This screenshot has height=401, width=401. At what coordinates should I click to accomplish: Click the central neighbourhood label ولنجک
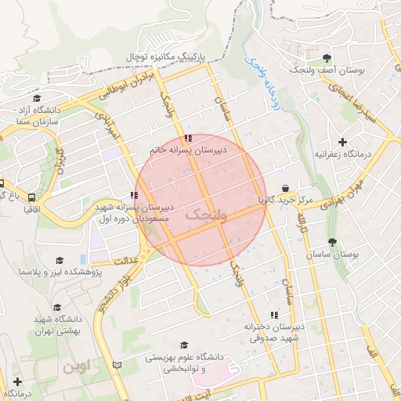(x=205, y=213)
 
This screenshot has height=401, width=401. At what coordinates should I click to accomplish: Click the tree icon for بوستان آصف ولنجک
(x=327, y=58)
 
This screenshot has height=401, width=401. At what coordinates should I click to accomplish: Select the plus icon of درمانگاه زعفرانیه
(x=341, y=142)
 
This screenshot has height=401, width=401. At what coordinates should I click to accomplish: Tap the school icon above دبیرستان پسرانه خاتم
(x=187, y=139)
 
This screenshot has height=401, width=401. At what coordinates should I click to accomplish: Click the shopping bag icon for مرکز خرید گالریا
(x=286, y=188)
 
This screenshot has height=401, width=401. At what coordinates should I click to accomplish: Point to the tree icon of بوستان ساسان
(x=332, y=242)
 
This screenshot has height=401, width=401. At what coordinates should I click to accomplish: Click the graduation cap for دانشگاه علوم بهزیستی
(x=184, y=345)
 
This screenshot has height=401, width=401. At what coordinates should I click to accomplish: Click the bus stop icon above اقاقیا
(x=31, y=197)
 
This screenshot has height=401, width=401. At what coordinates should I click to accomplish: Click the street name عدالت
(x=125, y=261)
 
